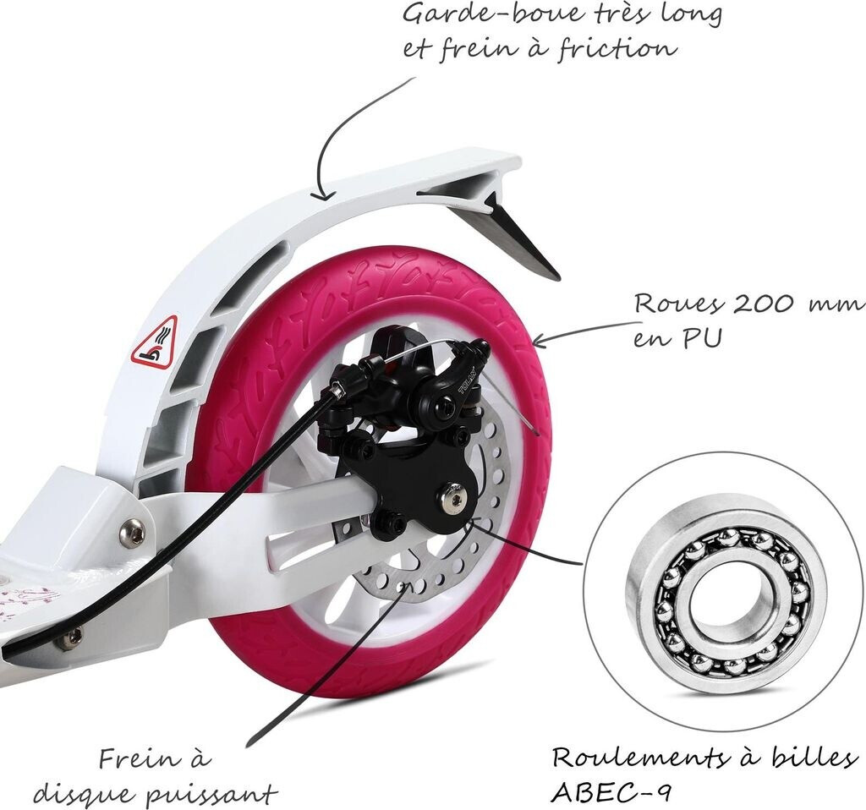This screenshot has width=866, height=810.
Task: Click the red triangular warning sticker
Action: point(155,342)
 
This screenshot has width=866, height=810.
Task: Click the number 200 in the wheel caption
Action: point(748,304)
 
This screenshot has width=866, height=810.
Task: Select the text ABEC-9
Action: point(602,792)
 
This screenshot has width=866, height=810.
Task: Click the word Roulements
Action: point(634,757)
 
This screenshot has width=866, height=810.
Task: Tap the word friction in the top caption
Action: point(618,47)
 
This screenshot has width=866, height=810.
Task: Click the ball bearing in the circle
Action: point(725,592)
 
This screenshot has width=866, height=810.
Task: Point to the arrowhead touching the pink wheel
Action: point(537,342)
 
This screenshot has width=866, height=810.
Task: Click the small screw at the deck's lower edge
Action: point(69,638)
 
